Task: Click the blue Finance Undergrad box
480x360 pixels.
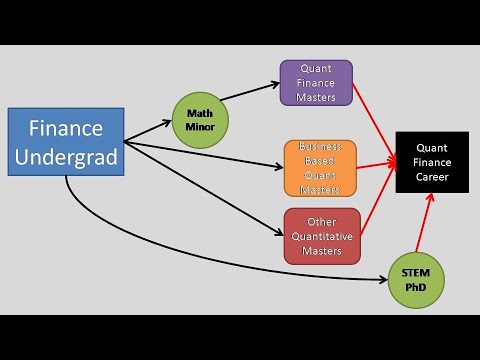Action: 66,141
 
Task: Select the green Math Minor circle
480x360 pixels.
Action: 200,119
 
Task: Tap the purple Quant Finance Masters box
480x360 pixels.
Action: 315,83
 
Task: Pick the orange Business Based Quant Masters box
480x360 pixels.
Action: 319,167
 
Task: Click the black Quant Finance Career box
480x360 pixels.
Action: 433,163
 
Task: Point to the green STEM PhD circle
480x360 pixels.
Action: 415,279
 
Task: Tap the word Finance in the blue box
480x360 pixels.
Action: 66,128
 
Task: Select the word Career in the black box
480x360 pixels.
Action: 433,177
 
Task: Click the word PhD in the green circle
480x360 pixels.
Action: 415,287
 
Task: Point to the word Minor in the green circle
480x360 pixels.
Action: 200,126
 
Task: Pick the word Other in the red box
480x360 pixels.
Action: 321,221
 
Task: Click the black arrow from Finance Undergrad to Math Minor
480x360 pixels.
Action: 148,126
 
